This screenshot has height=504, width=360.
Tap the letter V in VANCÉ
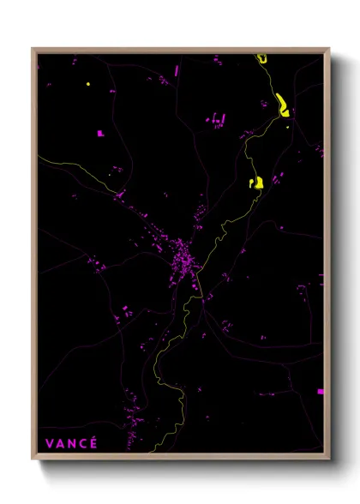49,443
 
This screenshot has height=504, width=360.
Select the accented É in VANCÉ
93,442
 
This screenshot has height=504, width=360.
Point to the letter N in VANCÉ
71,443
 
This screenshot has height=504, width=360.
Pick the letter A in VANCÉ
60,443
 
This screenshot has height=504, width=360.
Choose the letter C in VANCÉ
82,443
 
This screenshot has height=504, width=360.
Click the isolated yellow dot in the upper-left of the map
87,84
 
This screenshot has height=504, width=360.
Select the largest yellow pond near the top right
281,106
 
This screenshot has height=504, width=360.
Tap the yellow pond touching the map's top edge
261,58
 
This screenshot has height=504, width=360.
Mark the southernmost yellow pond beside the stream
255,182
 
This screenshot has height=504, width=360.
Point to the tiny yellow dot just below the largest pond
288,128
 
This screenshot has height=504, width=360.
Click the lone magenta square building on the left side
99,133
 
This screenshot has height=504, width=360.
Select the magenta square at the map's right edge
321,392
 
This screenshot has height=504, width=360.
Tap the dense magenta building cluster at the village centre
183,257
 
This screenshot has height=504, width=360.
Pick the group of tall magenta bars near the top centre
219,117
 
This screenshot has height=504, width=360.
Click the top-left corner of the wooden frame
33,48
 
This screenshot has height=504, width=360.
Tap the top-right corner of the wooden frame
330,48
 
